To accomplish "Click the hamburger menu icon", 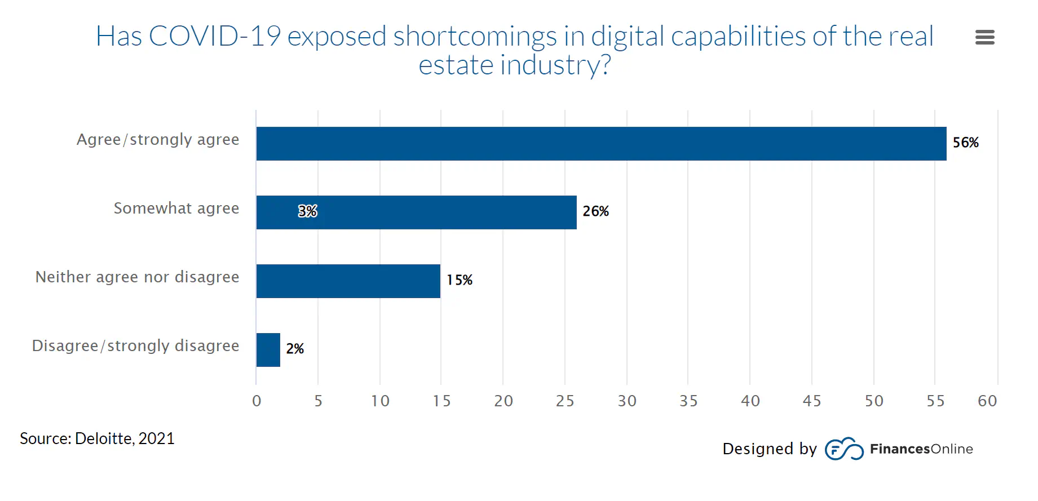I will pyautogui.click(x=984, y=37).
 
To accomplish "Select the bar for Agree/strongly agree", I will pyautogui.click(x=600, y=144).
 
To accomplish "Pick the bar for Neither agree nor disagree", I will pyautogui.click(x=348, y=281).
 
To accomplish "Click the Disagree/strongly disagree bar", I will pyautogui.click(x=268, y=350).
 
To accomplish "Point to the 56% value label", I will pyautogui.click(x=965, y=143).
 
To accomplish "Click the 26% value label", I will pyautogui.click(x=595, y=211).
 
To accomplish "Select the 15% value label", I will pyautogui.click(x=459, y=280).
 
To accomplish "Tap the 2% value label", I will pyautogui.click(x=294, y=349).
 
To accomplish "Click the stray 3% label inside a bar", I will pyautogui.click(x=307, y=211).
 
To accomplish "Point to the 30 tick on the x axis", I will pyautogui.click(x=626, y=401).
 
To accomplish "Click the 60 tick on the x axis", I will pyautogui.click(x=987, y=401).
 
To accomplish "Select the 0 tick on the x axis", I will pyautogui.click(x=257, y=401).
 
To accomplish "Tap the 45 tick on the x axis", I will pyautogui.click(x=811, y=401).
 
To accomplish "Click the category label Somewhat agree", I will pyautogui.click(x=176, y=209).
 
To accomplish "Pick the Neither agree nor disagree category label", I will pyautogui.click(x=137, y=277).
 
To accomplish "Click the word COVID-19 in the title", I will pyautogui.click(x=214, y=37).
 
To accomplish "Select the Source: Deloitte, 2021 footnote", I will pyautogui.click(x=97, y=438).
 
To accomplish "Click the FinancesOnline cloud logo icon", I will pyautogui.click(x=843, y=449).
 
